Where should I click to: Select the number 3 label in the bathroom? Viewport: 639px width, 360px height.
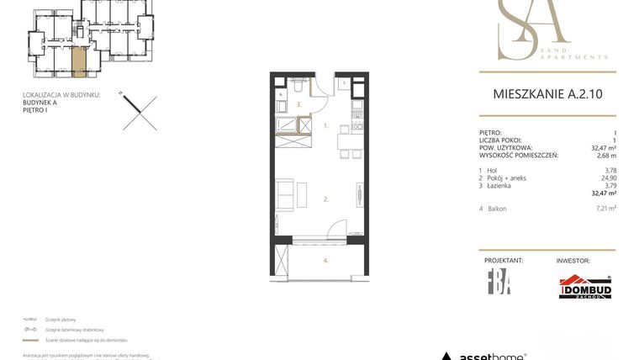coord(298,104)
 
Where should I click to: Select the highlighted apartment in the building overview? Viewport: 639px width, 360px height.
coord(78,61)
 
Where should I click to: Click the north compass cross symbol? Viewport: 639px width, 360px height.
coord(139,111)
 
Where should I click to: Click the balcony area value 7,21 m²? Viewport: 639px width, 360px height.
coord(605,208)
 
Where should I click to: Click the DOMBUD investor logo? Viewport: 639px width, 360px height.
coord(585,288)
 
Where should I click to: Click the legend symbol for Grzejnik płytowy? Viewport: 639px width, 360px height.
coord(32,320)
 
